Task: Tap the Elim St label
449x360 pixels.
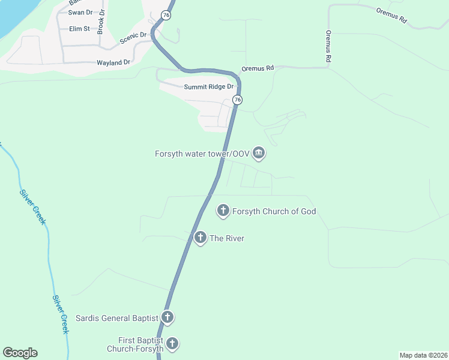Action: (79, 28)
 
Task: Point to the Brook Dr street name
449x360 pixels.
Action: (101, 20)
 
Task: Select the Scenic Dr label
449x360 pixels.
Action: (133, 38)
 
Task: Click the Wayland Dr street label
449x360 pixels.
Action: (113, 62)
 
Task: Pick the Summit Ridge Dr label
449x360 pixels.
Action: (209, 87)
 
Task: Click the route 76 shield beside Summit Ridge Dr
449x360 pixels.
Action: (238, 100)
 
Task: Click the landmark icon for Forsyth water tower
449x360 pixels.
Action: (259, 154)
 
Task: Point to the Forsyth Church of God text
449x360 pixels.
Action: (275, 211)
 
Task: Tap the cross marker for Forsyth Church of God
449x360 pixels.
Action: (223, 211)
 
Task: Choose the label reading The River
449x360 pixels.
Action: (227, 238)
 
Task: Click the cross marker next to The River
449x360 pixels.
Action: (200, 238)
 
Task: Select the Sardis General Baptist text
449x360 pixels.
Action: (116, 317)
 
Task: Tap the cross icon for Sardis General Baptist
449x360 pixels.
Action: (167, 317)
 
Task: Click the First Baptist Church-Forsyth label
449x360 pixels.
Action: (134, 344)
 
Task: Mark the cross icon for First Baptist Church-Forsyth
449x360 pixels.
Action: (172, 344)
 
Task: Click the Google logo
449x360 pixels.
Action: (20, 353)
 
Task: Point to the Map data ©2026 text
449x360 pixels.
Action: (423, 355)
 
